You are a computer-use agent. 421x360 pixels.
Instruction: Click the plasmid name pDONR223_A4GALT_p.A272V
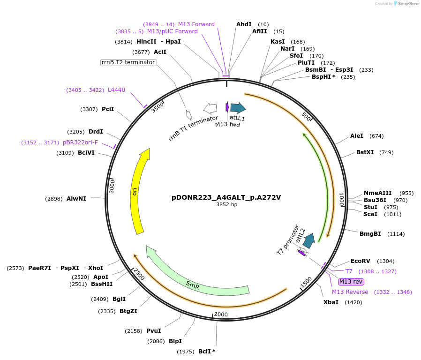(226, 197)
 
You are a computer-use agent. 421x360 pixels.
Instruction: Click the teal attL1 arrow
(238, 108)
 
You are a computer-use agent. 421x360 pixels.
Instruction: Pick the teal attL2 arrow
(308, 240)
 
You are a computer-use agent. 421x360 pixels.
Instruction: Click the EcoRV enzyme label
(360, 261)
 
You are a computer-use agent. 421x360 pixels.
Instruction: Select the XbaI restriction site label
(331, 302)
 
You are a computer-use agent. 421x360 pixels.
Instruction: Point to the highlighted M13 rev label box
(351, 281)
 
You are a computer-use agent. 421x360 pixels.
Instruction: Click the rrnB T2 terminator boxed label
(128, 62)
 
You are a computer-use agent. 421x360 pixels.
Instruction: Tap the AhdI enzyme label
(244, 24)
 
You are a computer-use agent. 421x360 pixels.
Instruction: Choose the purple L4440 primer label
(116, 90)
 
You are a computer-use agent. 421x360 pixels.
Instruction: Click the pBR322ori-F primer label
(80, 142)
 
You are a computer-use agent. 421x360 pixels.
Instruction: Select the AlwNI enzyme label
(76, 199)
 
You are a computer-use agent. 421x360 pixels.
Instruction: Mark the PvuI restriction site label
(153, 331)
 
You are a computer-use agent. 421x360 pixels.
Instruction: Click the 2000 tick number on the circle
(220, 315)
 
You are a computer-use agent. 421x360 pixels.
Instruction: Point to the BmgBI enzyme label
(370, 233)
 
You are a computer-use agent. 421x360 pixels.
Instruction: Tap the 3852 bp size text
(226, 205)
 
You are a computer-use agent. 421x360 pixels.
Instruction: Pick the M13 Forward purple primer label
(196, 24)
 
